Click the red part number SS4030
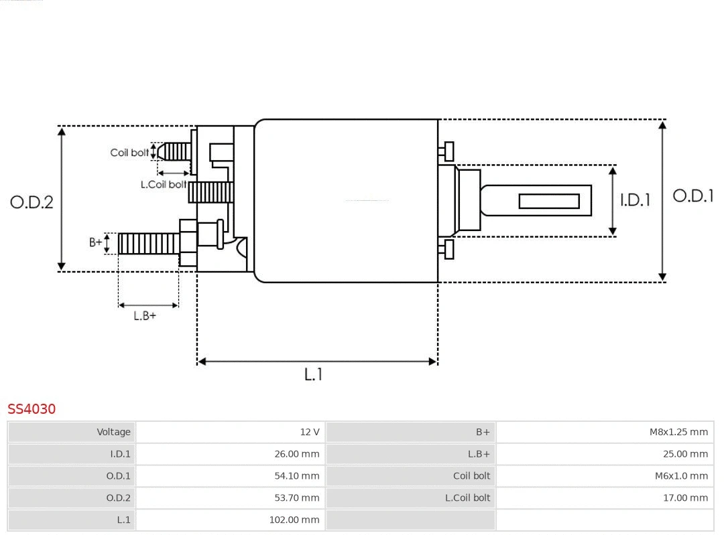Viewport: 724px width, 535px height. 32,408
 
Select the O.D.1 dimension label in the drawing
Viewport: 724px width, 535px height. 692,196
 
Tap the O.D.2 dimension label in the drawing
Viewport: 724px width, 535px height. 32,202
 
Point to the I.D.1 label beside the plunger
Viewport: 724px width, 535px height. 634,200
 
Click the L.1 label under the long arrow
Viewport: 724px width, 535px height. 313,374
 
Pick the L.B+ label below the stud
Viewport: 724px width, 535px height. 144,316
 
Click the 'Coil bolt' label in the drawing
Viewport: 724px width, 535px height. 129,153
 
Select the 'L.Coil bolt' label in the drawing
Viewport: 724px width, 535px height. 164,184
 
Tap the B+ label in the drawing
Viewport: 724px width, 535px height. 96,242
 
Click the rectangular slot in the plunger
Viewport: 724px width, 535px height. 549,201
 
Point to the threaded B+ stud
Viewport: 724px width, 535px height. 148,243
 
